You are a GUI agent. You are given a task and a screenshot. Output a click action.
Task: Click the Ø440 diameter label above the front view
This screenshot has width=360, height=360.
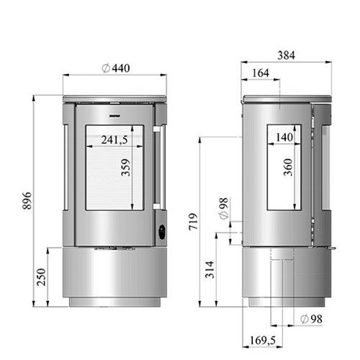pyautogui.click(x=115, y=67)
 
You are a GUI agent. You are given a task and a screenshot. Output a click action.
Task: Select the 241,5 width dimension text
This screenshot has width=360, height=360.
pyautogui.click(x=113, y=140)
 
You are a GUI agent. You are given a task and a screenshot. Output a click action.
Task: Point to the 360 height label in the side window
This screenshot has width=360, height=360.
pyautogui.click(x=288, y=168)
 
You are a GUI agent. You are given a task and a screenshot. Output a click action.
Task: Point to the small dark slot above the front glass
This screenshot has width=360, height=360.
pyautogui.click(x=114, y=113)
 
